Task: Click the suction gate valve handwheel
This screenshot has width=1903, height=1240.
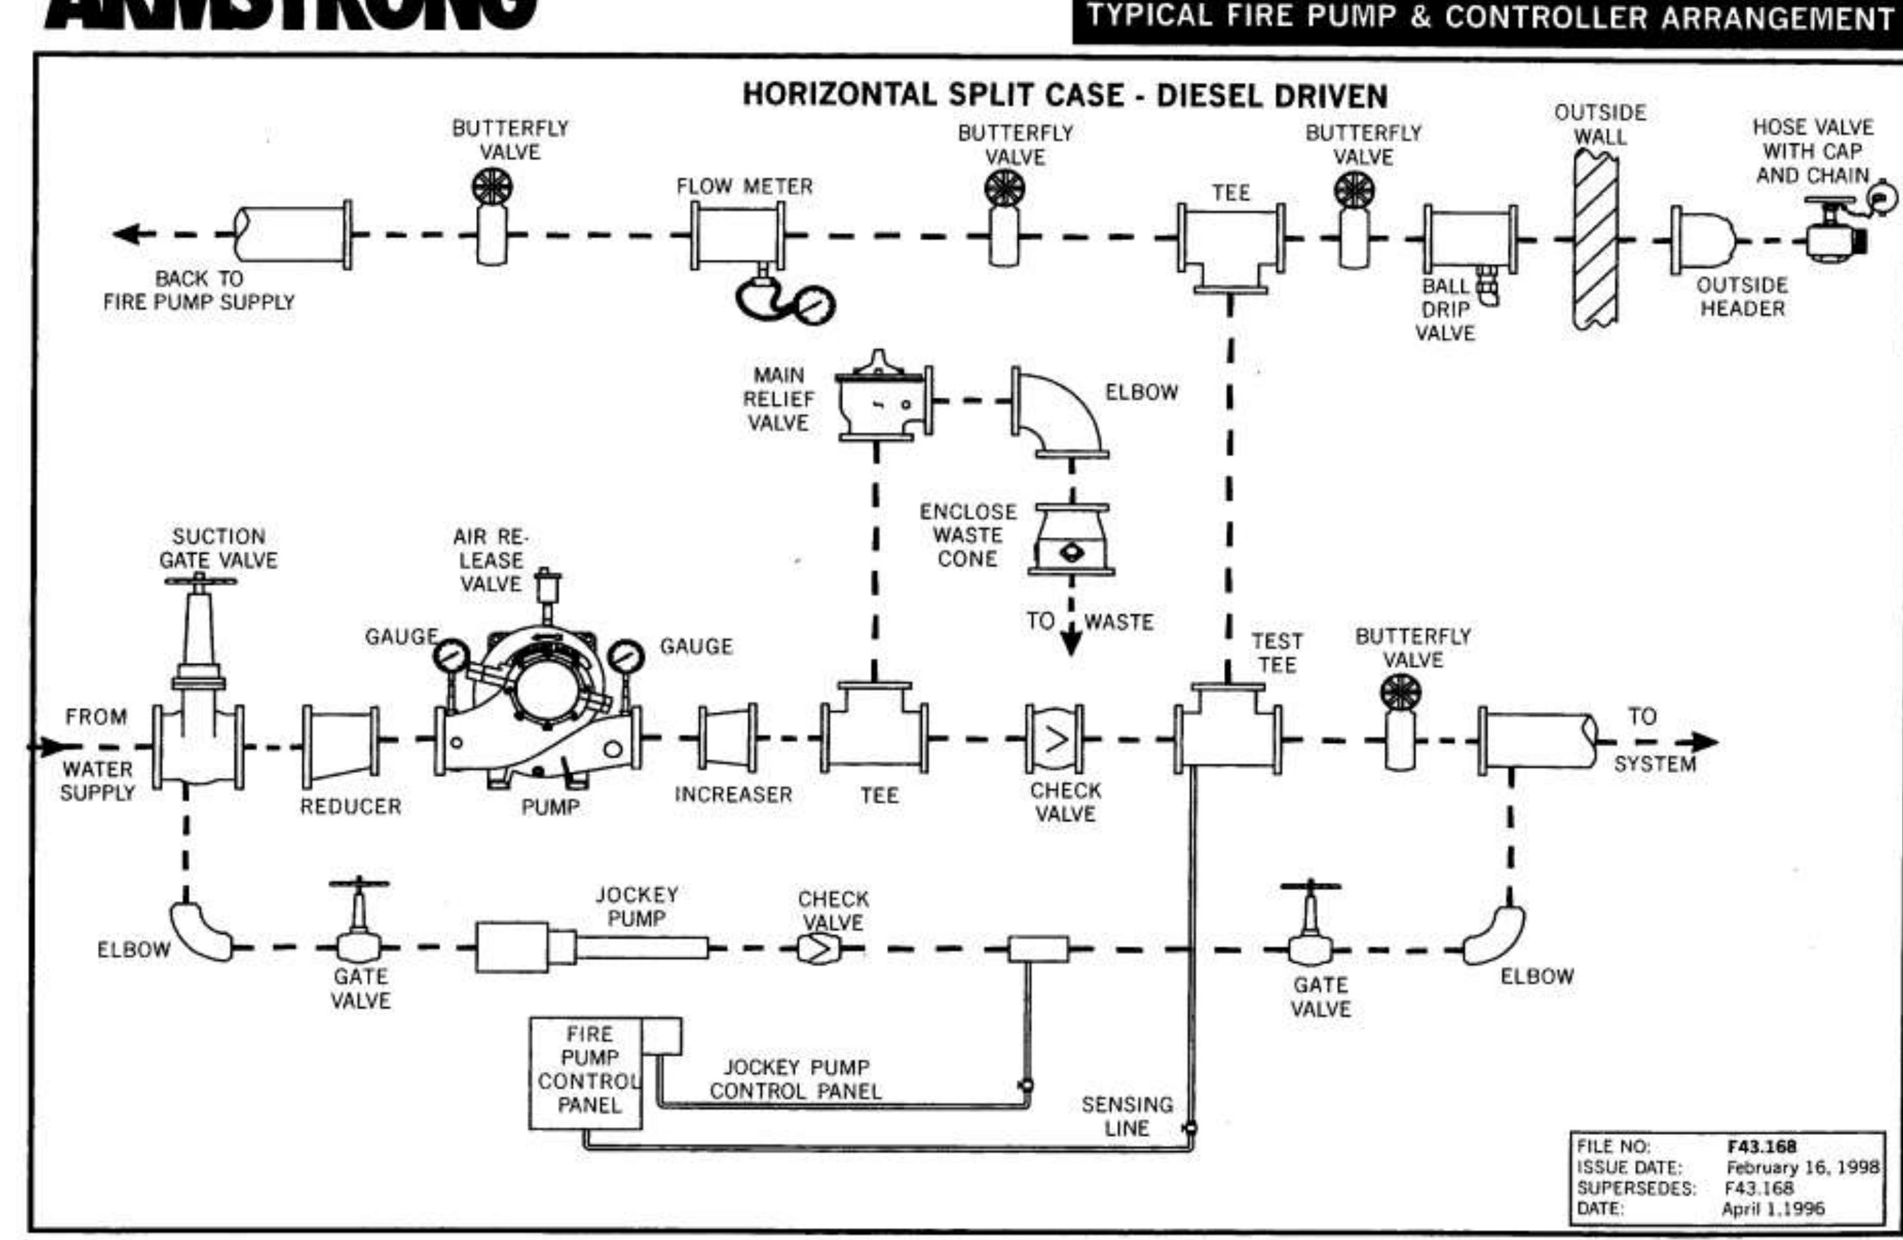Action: [200, 581]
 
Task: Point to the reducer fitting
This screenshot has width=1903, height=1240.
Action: [341, 745]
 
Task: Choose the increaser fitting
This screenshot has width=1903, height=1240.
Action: [728, 738]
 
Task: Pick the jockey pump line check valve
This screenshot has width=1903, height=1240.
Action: [817, 949]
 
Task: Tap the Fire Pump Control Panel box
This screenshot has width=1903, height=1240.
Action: [586, 1072]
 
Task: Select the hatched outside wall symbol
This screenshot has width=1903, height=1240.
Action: [1596, 240]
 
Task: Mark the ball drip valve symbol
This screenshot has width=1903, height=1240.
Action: [1487, 286]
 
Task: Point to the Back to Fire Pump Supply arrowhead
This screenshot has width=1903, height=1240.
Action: [126, 234]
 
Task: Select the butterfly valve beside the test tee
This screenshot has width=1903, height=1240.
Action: [1399, 724]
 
